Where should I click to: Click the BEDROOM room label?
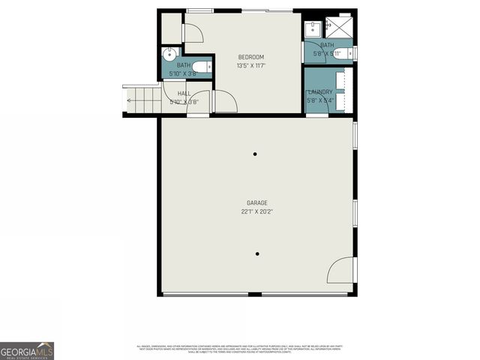pos(251,57)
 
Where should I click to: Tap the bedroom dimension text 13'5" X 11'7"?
pos(251,65)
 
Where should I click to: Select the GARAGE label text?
pos(257,202)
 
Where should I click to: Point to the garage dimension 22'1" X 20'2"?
pos(257,211)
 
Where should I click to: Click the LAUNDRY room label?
pos(320,92)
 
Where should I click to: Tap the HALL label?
pos(184,93)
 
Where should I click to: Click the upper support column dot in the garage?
pos(255,154)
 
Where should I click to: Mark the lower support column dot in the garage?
pos(257,253)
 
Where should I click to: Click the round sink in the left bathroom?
pos(169,54)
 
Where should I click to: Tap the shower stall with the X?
pos(341,28)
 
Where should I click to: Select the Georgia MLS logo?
pos(27,350)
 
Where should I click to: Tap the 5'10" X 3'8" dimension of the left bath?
pos(183,73)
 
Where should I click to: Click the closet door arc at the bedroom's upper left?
pos(192,33)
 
